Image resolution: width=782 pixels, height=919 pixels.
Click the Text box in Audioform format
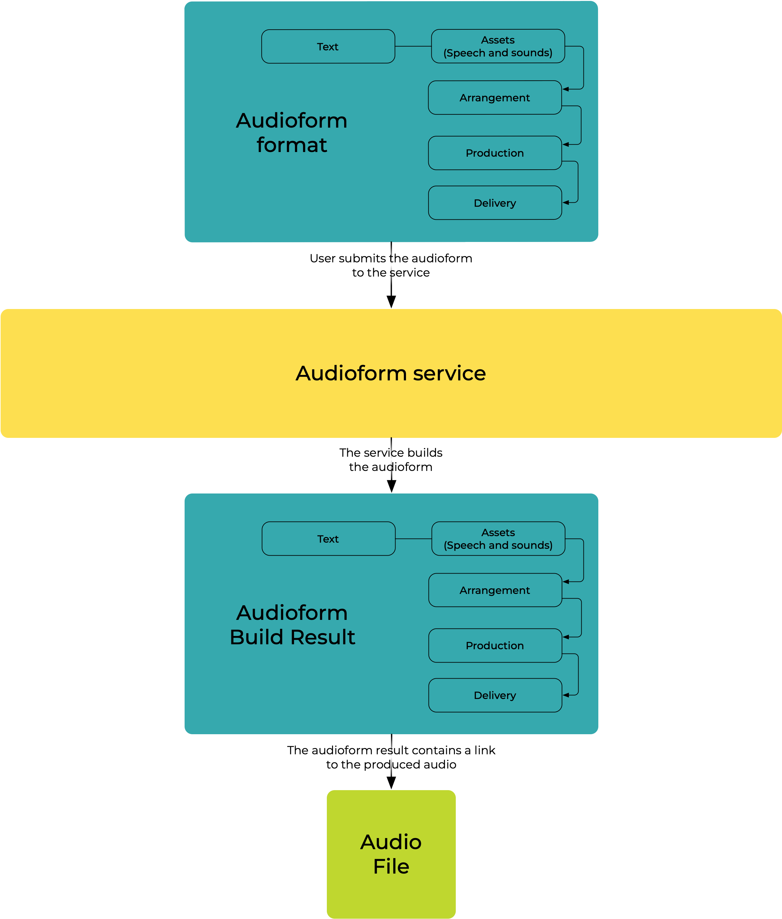click(328, 47)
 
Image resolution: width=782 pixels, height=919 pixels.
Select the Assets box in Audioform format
click(498, 47)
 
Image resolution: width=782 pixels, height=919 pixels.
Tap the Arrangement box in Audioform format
click(495, 97)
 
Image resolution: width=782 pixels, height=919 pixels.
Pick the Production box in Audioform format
click(495, 153)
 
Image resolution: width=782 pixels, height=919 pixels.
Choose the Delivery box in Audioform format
click(495, 203)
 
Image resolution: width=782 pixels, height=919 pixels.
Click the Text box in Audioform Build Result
click(328, 539)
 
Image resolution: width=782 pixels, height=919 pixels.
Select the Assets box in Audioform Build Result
click(498, 539)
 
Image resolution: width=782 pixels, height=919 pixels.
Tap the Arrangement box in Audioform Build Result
click(495, 590)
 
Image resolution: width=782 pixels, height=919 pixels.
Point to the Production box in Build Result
click(495, 646)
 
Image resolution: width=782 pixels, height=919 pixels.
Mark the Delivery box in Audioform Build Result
click(495, 695)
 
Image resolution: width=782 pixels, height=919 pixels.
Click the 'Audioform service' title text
click(391, 373)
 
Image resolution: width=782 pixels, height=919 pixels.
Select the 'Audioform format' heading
click(292, 133)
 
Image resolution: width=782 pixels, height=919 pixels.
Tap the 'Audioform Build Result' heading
click(292, 625)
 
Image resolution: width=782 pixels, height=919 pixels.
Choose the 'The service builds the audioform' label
click(391, 459)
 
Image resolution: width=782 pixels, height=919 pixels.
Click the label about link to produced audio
click(391, 757)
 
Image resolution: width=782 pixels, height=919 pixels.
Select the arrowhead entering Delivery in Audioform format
click(566, 202)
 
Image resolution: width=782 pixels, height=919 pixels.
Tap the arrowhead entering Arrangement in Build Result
click(566, 582)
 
